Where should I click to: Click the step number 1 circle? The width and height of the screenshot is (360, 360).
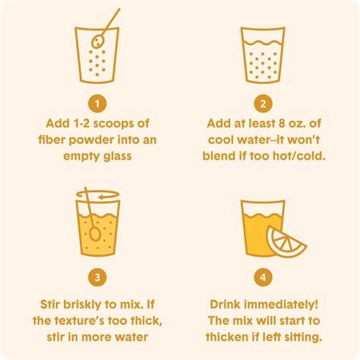point(97,104)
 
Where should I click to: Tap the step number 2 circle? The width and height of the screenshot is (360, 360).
point(264,104)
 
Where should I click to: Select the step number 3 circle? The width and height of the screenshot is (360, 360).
point(97,277)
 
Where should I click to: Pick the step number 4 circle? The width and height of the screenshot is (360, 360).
point(264,277)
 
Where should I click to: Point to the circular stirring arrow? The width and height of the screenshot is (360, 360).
point(98,194)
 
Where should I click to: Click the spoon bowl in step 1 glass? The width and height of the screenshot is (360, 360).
point(97,42)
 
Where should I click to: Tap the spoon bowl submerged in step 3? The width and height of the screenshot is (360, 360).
point(95,234)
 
